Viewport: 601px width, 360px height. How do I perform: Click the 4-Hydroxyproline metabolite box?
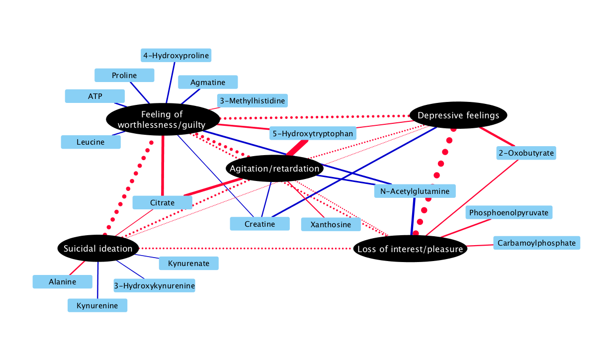pos(176,55)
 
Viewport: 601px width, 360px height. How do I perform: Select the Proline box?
pos(124,75)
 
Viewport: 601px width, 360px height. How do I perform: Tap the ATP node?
pos(95,96)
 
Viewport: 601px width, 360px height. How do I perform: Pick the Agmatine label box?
pos(208,82)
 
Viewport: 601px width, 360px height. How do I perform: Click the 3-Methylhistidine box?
pos(253,101)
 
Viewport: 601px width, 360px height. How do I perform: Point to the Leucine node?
pos(90,142)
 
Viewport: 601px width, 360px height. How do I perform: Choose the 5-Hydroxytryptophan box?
pos(313,133)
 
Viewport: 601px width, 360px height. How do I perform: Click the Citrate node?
pos(163,202)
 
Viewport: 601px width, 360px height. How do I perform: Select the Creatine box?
pos(259,224)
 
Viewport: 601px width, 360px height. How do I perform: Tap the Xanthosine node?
pos(331,224)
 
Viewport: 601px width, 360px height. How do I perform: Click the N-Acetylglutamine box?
pos(415,191)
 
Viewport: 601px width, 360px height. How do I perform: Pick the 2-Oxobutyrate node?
pos(526,153)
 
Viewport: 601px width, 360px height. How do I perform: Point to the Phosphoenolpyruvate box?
pos(509,212)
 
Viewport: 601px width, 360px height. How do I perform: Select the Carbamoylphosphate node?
pos(536,243)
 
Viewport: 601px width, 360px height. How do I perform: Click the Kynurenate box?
pos(188,263)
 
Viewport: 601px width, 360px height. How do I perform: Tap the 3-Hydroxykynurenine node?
pos(154,285)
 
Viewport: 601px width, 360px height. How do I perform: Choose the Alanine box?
pos(63,281)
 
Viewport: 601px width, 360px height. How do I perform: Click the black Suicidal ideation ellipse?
pos(98,248)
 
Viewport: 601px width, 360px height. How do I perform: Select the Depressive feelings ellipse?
pos(458,115)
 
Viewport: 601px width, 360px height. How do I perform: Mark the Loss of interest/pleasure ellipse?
pos(411,249)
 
